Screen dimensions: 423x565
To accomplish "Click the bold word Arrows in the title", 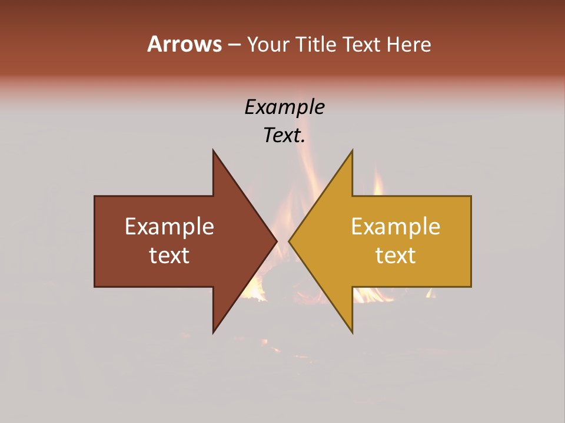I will tap(184, 44).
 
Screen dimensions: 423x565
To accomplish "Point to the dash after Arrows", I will tap(234, 45).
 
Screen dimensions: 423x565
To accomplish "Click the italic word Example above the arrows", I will tap(284, 107).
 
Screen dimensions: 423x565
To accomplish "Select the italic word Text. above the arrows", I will tap(284, 136).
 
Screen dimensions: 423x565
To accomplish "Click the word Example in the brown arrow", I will tap(169, 226).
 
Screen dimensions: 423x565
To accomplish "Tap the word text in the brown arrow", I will tap(169, 255).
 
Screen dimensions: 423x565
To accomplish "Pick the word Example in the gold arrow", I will tap(395, 226).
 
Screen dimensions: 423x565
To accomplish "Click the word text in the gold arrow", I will tap(395, 255).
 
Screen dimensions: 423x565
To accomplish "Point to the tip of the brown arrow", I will tap(276, 241).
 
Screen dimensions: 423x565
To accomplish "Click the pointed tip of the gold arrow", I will tap(290, 241).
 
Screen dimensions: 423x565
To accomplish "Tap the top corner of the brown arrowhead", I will tap(214, 151).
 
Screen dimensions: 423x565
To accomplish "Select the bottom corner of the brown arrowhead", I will tap(214, 332).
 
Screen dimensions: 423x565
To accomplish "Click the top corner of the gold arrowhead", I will tap(352, 151).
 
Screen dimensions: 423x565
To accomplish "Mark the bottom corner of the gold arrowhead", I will tap(352, 332).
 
